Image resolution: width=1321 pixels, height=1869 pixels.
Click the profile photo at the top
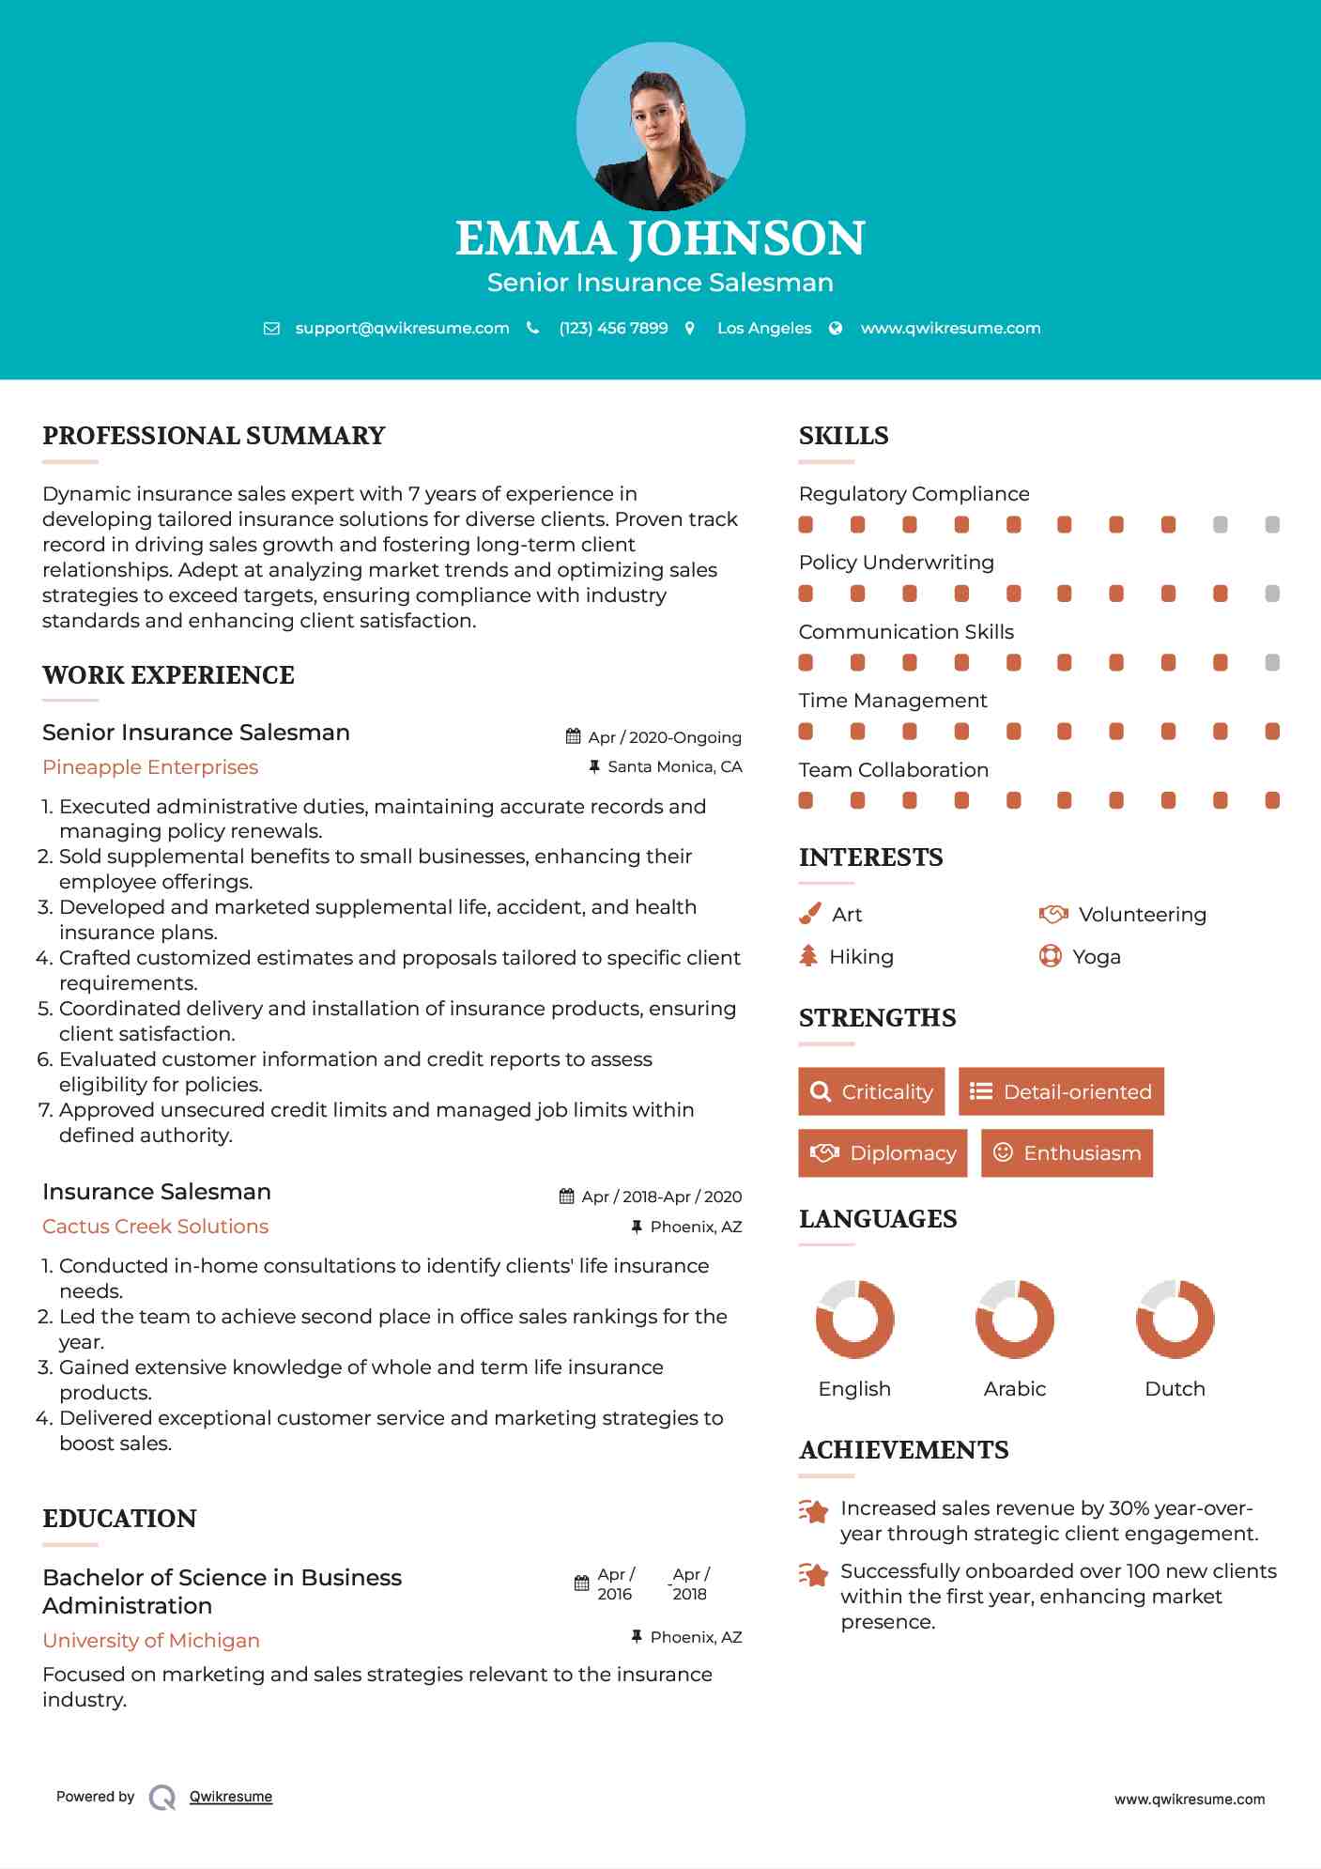pos(660,127)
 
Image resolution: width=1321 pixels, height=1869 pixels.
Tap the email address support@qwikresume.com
pos(402,328)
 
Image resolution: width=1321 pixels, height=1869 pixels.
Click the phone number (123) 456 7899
pos(613,328)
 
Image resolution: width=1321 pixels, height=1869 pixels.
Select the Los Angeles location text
pos(764,328)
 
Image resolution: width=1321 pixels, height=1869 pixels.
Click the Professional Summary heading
pos(214,436)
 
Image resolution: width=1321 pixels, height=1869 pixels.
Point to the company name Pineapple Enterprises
pos(150,767)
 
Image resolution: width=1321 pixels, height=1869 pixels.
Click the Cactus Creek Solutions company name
pos(155,1227)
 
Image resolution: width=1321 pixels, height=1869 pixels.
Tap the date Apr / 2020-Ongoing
pos(665,737)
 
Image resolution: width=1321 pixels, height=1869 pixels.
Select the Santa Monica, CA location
pos(674,766)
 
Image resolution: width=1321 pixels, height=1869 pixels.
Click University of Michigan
pos(151,1641)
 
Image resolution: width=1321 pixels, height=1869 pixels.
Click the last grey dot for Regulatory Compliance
pos(1272,525)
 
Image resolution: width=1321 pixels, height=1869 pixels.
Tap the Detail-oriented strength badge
pos(1061,1091)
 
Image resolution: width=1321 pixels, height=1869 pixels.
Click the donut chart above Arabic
pos(1015,1319)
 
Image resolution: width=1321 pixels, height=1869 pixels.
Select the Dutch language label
pos(1175,1389)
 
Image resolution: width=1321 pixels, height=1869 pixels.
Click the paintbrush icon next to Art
pos(809,914)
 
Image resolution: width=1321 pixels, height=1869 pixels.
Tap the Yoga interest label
pos(1097,957)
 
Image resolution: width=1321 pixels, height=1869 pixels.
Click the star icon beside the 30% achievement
pos(813,1511)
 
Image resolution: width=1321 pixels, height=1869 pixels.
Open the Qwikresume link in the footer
pos(231,1797)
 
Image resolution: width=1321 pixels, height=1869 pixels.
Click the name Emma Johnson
pos(660,239)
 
